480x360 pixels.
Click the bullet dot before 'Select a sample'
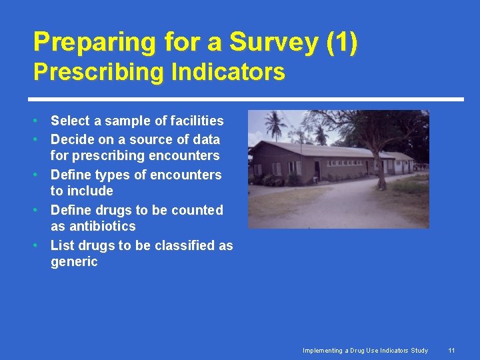point(41,121)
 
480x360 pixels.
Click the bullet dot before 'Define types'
point(41,175)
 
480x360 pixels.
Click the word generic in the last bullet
point(74,261)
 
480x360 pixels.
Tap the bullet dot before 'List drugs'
point(41,245)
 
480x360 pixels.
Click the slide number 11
point(451,351)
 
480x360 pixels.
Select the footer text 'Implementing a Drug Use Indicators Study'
point(365,351)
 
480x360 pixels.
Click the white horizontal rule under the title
point(248,99)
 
